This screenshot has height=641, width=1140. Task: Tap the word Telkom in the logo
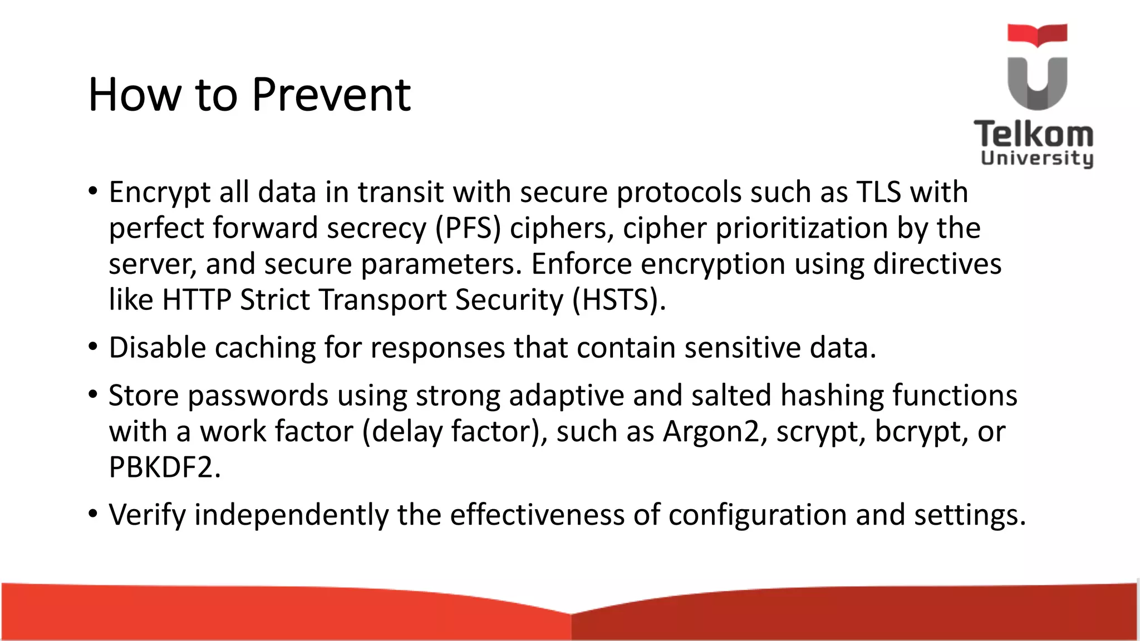point(1034,135)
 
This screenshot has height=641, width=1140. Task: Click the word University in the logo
point(1036,158)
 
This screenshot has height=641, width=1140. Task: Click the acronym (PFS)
point(468,228)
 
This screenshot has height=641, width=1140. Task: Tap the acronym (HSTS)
point(619,300)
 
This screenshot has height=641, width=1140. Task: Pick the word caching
point(265,348)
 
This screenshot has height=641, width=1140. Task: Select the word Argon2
point(712,431)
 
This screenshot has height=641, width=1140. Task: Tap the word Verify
point(147,515)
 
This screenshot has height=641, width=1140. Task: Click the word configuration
point(757,515)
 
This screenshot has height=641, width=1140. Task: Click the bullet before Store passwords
point(93,395)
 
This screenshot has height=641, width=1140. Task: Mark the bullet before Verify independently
point(93,514)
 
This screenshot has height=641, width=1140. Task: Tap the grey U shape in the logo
point(1037,83)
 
